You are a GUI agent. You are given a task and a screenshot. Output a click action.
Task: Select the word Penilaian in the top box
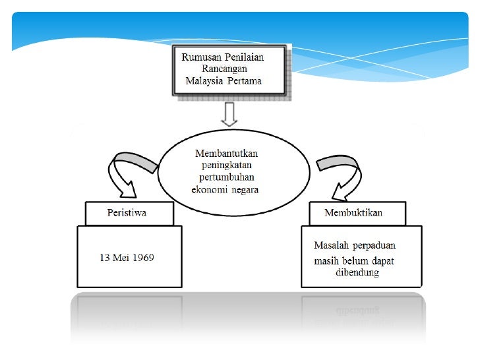click(x=244, y=57)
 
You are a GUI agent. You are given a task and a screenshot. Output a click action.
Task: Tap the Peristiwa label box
click(x=129, y=214)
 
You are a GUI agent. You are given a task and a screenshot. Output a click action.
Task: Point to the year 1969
click(x=141, y=257)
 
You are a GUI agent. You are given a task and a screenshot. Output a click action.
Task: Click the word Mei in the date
click(x=119, y=257)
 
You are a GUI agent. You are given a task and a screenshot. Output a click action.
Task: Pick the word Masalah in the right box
click(x=332, y=246)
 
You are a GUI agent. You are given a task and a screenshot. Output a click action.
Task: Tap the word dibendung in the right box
click(x=357, y=272)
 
